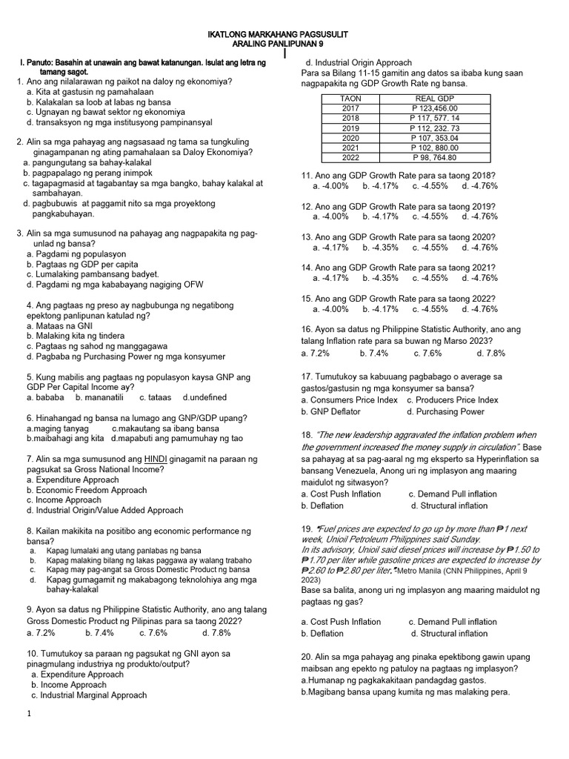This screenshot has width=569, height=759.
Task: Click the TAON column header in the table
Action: tap(350, 99)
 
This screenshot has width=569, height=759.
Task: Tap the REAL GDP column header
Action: tap(434, 99)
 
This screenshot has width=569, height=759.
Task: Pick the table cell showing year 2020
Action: tap(350, 138)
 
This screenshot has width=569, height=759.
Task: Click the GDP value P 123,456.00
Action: tap(434, 108)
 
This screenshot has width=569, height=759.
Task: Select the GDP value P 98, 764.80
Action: tap(434, 157)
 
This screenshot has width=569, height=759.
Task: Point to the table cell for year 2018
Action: tap(350, 118)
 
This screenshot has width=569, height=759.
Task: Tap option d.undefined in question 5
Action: tap(204, 398)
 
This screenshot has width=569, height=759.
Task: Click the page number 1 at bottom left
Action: tap(29, 713)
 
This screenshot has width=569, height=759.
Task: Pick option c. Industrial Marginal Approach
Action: tap(89, 695)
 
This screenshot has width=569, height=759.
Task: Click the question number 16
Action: tap(307, 329)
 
